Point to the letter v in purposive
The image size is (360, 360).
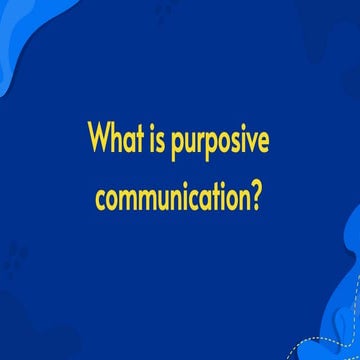tap(250, 142)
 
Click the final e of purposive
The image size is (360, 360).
tap(262, 142)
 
